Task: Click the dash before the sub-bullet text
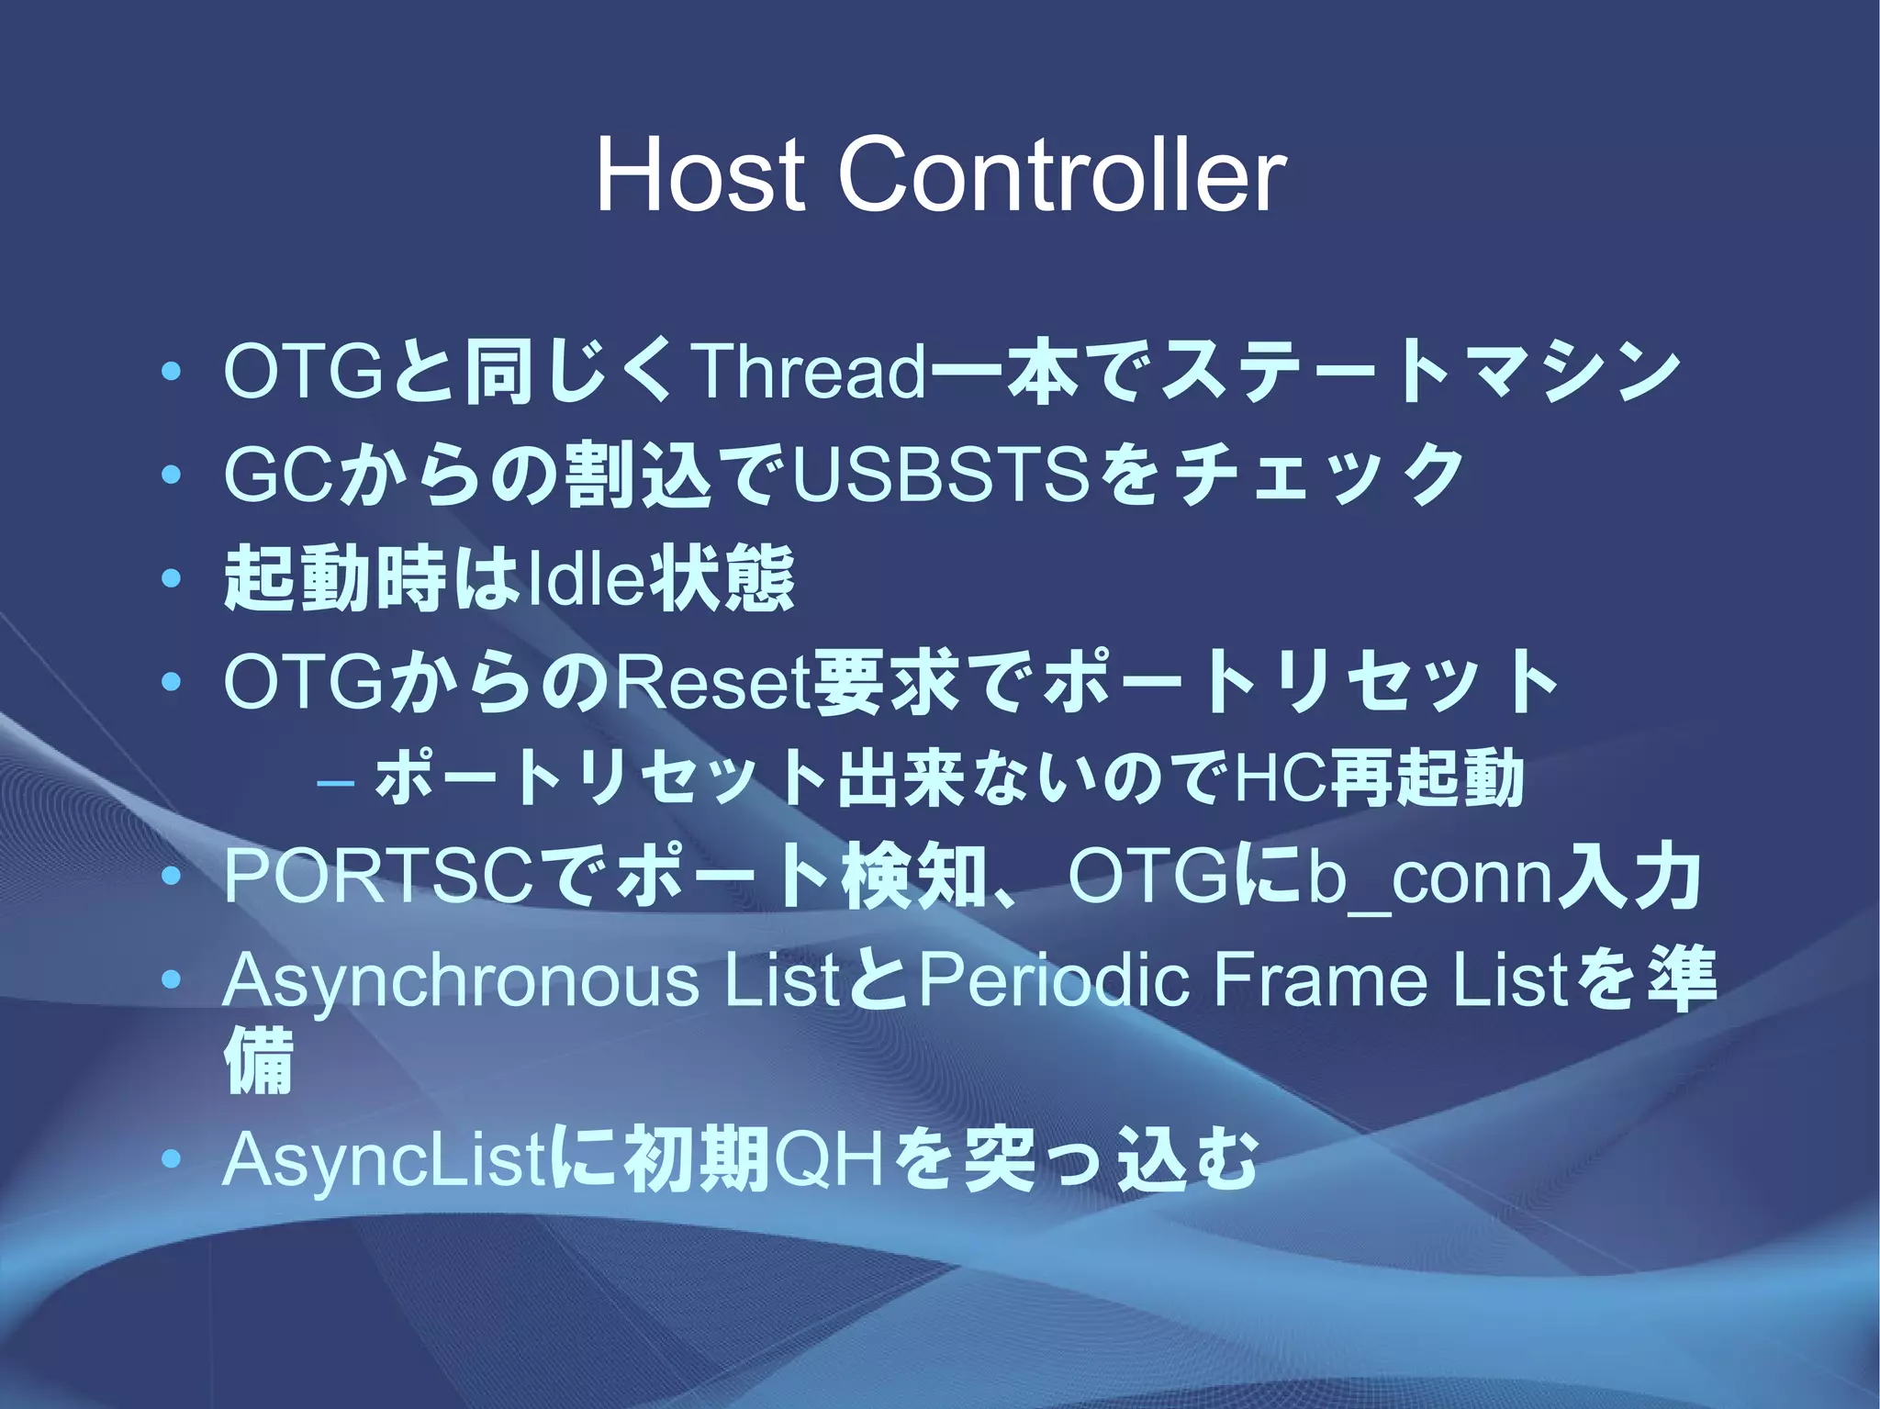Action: point(335,783)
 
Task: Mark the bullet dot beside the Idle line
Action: point(170,580)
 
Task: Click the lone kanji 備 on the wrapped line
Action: point(258,1062)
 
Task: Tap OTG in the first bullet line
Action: point(303,374)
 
